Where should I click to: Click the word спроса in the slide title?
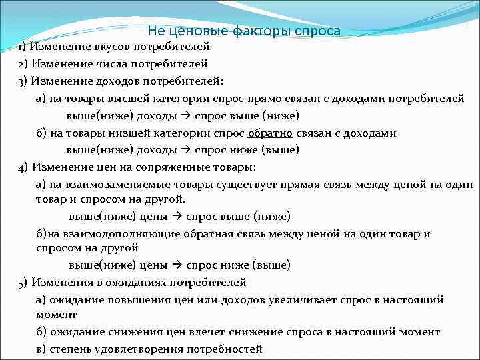pos(317,31)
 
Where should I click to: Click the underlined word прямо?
pos(264,99)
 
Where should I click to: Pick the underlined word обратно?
pos(269,133)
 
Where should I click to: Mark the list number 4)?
pos(23,167)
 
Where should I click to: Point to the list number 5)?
pos(23,282)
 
